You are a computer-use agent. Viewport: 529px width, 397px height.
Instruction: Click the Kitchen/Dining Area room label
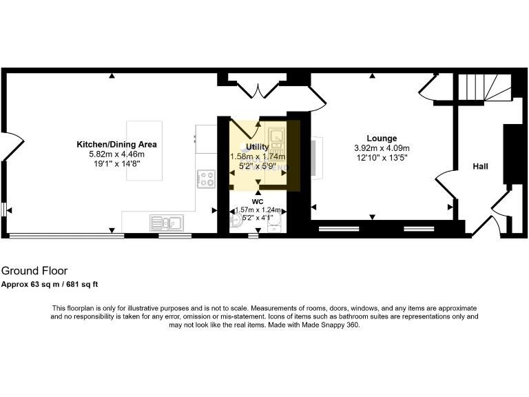[x=117, y=145]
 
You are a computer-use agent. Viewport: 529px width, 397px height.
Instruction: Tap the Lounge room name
[x=382, y=139]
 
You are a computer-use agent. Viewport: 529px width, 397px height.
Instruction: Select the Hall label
[x=481, y=166]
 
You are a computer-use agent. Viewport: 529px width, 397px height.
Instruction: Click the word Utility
[x=258, y=147]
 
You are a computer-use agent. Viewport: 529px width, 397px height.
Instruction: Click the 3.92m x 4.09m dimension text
[x=382, y=148]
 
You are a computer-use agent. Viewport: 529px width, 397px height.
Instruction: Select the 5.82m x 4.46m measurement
[x=117, y=154]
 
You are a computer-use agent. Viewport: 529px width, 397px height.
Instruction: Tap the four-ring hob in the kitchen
[x=206, y=179]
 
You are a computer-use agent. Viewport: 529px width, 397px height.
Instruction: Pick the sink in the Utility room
[x=277, y=134]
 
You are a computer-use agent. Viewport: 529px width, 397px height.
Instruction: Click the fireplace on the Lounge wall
[x=314, y=156]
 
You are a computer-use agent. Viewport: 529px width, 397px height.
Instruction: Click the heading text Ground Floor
[x=34, y=271]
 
